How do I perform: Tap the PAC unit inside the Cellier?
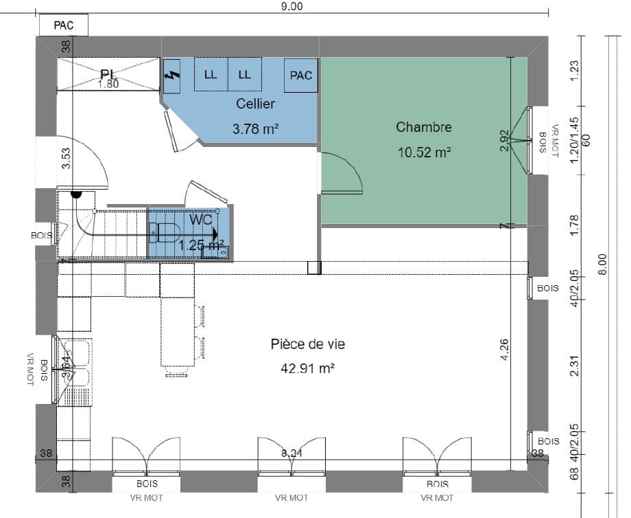pos(301,75)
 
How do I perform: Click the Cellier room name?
pos(255,104)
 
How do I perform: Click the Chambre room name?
pos(424,127)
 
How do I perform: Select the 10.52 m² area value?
pos(424,152)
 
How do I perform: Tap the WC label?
pos(201,220)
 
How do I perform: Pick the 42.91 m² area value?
pos(307,368)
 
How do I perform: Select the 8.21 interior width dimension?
pos(292,453)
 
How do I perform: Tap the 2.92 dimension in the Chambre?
pos(505,140)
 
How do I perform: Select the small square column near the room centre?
pos(314,268)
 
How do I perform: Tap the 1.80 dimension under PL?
pos(108,85)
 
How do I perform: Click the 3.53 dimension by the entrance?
pos(66,158)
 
